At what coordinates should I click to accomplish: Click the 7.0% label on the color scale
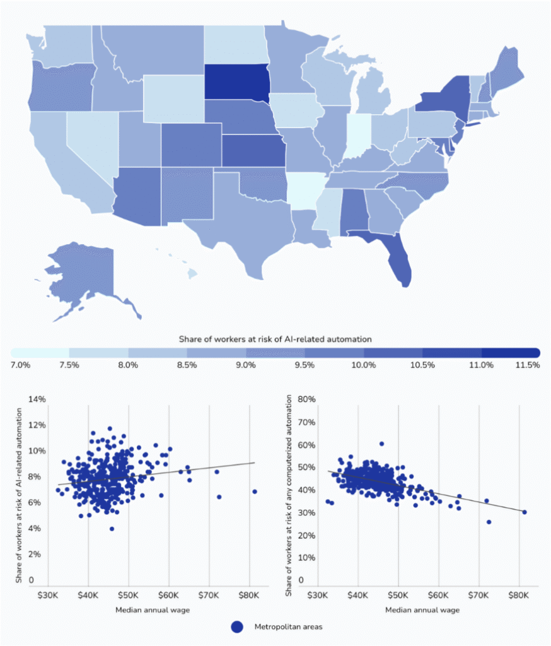(x=20, y=365)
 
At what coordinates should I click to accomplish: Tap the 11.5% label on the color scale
(x=527, y=365)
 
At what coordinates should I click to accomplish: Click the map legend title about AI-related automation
(x=275, y=339)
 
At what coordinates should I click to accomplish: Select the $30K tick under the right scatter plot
(x=318, y=595)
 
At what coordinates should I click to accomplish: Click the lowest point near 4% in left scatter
(x=112, y=529)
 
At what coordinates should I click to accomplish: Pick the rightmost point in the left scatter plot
(x=254, y=491)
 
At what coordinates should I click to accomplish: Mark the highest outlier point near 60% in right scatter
(x=381, y=443)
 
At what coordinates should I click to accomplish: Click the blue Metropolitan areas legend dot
(x=237, y=626)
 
